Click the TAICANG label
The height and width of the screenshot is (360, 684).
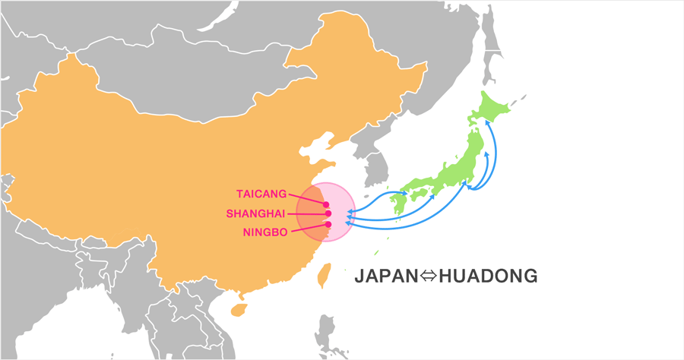coord(261,194)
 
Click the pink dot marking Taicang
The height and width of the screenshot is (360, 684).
coord(326,204)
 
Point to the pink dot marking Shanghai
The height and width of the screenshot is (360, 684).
coord(328,213)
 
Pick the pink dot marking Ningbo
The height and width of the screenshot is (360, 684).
coord(328,224)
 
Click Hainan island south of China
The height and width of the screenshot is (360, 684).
coord(239,309)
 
